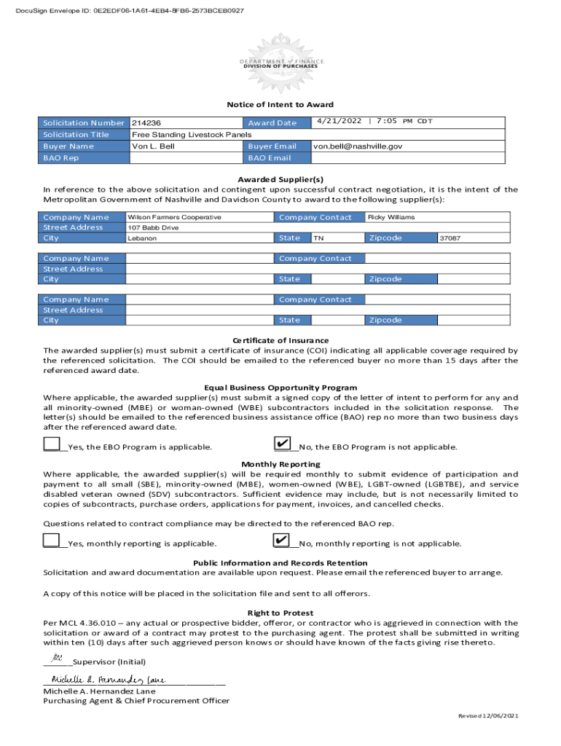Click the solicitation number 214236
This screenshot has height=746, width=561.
pyautogui.click(x=146, y=123)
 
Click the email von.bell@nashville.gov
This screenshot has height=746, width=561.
pyautogui.click(x=357, y=146)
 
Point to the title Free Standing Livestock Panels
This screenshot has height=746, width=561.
pyautogui.click(x=191, y=135)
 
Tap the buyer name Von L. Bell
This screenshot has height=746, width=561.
pyautogui.click(x=153, y=146)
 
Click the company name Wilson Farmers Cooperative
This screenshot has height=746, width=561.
pyautogui.click(x=174, y=217)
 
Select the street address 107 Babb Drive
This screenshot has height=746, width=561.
pyautogui.click(x=153, y=227)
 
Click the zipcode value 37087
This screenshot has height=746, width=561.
pyautogui.click(x=450, y=238)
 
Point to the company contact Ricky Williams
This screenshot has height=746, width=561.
pyautogui.click(x=392, y=217)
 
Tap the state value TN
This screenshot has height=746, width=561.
pyautogui.click(x=318, y=238)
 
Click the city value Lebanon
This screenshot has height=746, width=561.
pyautogui.click(x=142, y=238)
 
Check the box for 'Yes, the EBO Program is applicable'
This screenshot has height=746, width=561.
pyautogui.click(x=52, y=444)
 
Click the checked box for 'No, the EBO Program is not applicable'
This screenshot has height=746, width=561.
pyautogui.click(x=281, y=444)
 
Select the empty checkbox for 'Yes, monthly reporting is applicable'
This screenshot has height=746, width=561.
pyautogui.click(x=52, y=540)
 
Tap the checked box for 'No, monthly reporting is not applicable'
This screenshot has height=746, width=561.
pyautogui.click(x=281, y=540)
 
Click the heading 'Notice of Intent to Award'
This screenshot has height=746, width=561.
pyautogui.click(x=280, y=105)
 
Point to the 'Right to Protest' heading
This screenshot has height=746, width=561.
pyautogui.click(x=280, y=613)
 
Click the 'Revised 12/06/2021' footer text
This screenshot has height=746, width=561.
pyautogui.click(x=487, y=716)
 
